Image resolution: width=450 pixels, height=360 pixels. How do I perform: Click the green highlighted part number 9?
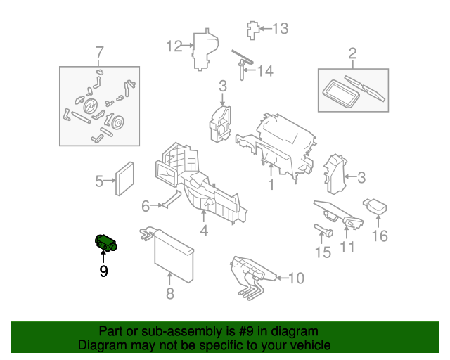pyautogui.click(x=105, y=243)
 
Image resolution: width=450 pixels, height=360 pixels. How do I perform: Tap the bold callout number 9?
pyautogui.click(x=103, y=271)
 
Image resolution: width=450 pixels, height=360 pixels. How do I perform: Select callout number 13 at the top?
pyautogui.click(x=280, y=29)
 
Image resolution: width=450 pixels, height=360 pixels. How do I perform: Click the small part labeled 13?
pyautogui.click(x=253, y=30)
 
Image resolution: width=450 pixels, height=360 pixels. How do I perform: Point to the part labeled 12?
pyautogui.click(x=205, y=50)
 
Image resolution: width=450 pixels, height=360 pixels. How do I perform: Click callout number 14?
pyautogui.click(x=265, y=71)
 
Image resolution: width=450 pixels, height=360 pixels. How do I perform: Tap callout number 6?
pyautogui.click(x=146, y=206)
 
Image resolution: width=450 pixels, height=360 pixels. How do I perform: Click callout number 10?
pyautogui.click(x=296, y=278)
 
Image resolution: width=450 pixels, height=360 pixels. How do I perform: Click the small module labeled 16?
pyautogui.click(x=375, y=206)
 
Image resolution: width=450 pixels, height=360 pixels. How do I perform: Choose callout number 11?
pyautogui.click(x=347, y=247)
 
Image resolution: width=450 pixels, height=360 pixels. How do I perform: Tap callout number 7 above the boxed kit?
pyautogui.click(x=99, y=53)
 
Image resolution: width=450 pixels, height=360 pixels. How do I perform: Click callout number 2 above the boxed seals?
pyautogui.click(x=352, y=53)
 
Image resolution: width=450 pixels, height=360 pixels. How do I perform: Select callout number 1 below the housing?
pyautogui.click(x=271, y=184)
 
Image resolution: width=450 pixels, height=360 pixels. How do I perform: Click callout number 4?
pyautogui.click(x=204, y=231)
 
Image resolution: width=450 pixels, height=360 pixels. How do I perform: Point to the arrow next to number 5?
pyautogui.click(x=110, y=181)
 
